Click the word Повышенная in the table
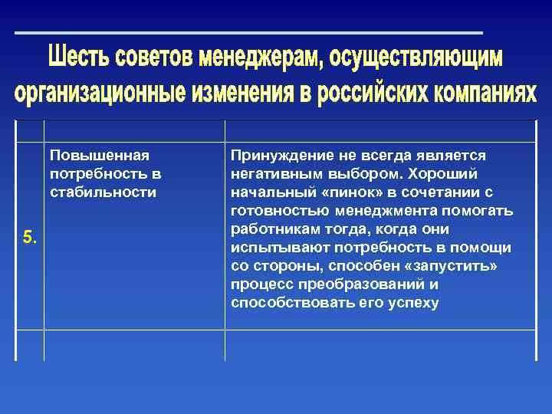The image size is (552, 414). tap(98, 156)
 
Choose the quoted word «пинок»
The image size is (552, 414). tap(333, 192)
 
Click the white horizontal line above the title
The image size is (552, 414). tap(249, 33)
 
